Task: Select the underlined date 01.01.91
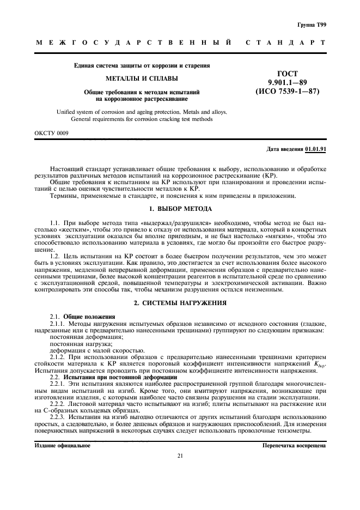[315, 149]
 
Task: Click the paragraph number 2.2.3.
[58, 416]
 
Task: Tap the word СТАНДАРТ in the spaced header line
[285, 42]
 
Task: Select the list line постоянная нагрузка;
[74, 344]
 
